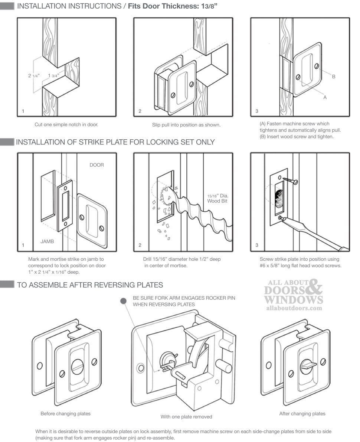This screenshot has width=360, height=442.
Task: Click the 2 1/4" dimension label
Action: [34, 76]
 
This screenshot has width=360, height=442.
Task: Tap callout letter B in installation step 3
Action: [334, 77]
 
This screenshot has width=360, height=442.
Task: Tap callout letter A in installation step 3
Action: [325, 97]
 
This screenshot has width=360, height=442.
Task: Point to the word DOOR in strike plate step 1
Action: [96, 165]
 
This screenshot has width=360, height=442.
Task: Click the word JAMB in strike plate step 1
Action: [47, 241]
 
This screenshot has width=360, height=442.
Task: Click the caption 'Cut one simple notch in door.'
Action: [66, 125]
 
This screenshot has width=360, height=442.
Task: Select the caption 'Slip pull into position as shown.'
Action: [186, 125]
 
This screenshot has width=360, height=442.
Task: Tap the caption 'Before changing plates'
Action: [65, 413]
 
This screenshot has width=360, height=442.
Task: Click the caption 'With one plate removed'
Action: [186, 417]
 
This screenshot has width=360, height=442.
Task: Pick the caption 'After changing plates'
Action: [302, 413]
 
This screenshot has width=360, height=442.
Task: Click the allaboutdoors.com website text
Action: [294, 308]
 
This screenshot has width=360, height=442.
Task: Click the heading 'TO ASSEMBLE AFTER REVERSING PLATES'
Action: [90, 285]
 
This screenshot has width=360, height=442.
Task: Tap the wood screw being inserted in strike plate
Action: [289, 181]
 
